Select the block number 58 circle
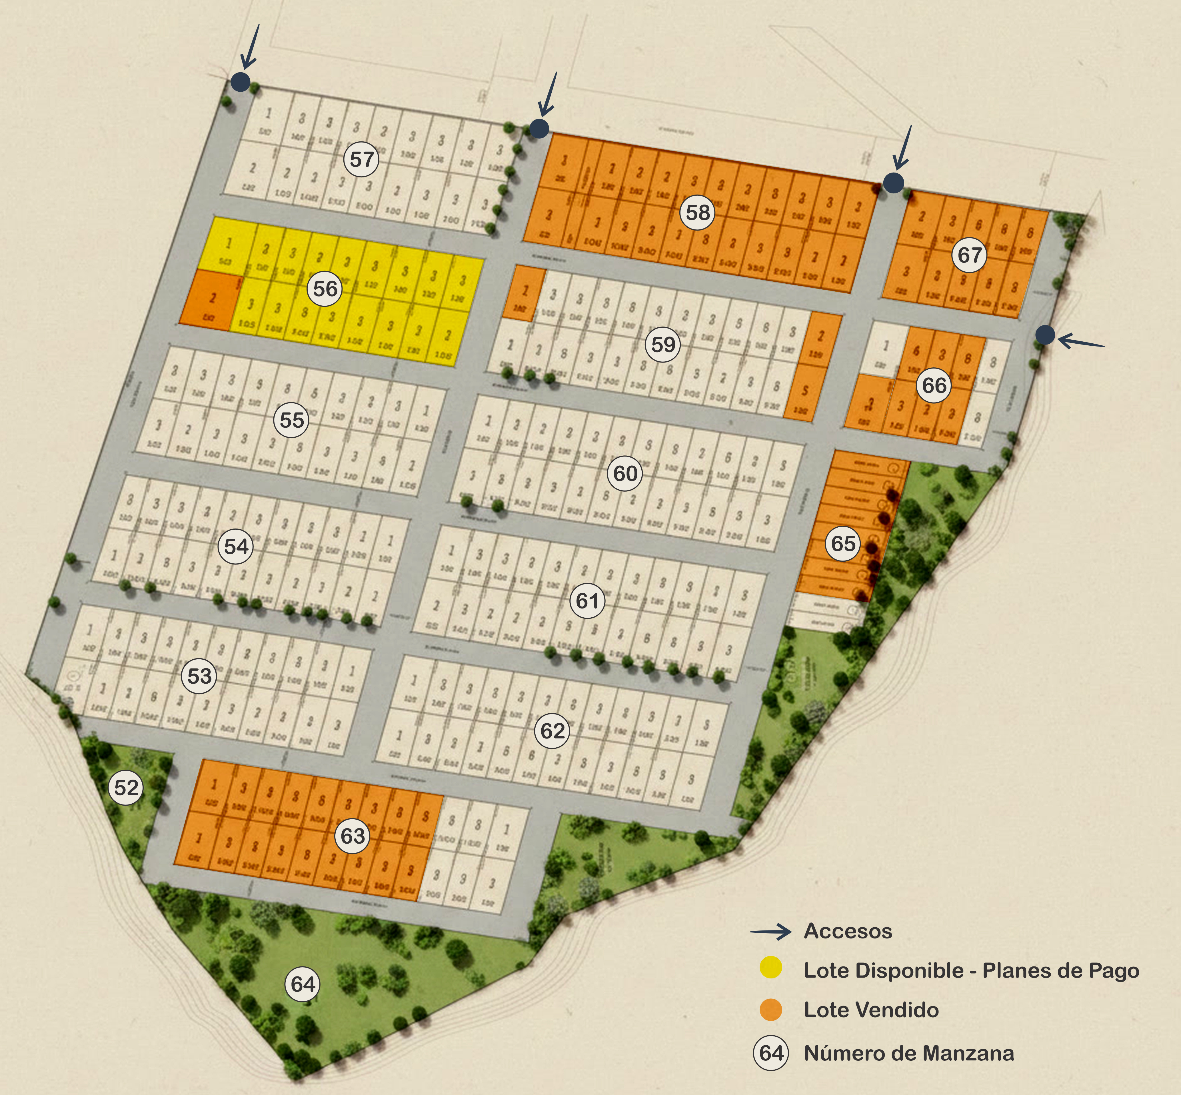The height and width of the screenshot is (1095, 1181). coord(697,212)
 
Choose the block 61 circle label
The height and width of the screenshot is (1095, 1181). coord(587,601)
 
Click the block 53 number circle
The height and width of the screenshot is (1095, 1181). coord(200,676)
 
